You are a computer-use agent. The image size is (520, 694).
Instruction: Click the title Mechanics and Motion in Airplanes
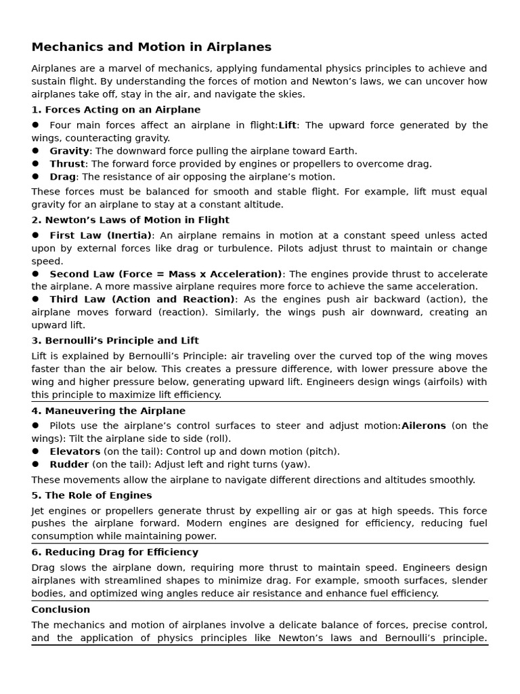[x=151, y=47]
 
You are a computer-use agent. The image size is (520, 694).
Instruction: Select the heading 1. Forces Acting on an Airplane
[x=116, y=110]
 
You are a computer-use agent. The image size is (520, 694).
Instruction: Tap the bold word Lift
[x=287, y=125]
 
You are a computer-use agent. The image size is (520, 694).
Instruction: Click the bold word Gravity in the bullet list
[x=69, y=151]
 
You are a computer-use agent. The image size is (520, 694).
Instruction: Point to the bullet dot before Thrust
[x=35, y=164]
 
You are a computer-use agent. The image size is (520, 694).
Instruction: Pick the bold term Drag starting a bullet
[x=62, y=177]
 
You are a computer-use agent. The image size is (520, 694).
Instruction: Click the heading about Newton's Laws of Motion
[x=130, y=220]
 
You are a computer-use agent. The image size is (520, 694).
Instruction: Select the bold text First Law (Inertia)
[x=100, y=236]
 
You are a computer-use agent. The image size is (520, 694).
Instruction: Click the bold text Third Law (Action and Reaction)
[x=142, y=300]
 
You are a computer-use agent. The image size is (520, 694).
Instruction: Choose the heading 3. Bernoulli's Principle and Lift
[x=115, y=341]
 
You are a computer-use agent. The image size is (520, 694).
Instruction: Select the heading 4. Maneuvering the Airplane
[x=108, y=411]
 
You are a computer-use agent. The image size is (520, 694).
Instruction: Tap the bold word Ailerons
[x=423, y=426]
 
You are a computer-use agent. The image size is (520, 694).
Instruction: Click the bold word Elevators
[x=74, y=451]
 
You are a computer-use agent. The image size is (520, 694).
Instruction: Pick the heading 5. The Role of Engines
[x=91, y=495]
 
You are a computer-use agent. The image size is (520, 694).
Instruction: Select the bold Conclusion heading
[x=60, y=610]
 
